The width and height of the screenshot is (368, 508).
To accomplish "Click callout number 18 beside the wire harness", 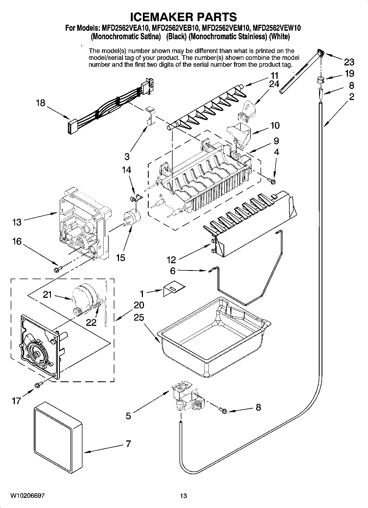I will pos(41,103).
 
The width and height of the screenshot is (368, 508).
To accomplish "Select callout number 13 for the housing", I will pos(17,222).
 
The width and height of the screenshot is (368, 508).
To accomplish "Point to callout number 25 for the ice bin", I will pos(139,317).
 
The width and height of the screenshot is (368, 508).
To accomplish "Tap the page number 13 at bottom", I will pos(183,496).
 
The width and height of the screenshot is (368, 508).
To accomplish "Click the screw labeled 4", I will pos(272,180).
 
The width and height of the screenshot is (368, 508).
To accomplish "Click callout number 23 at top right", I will pos(349,62).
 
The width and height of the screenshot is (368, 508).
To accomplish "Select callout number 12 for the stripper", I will pos(171,259).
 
